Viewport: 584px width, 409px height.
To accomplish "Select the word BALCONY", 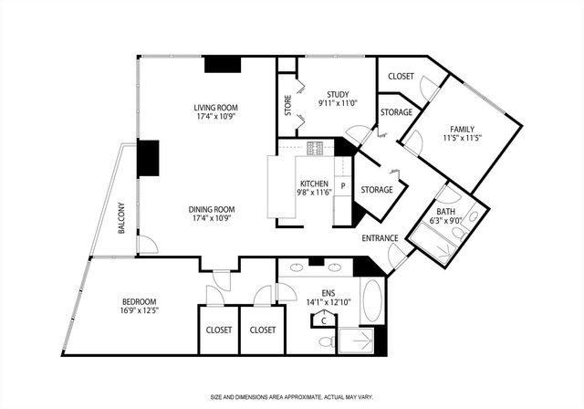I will pyautogui.click(x=120, y=217).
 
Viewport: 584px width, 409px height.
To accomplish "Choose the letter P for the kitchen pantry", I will pyautogui.click(x=342, y=186).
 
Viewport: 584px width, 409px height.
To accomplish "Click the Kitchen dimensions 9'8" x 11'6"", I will pyautogui.click(x=313, y=192).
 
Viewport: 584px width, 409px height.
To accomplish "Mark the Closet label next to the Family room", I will pyautogui.click(x=401, y=76).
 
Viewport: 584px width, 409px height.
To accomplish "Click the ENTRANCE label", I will pyautogui.click(x=380, y=238).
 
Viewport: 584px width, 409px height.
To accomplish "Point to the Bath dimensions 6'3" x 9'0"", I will pyautogui.click(x=446, y=219).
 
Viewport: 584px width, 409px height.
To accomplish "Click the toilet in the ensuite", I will pyautogui.click(x=325, y=340).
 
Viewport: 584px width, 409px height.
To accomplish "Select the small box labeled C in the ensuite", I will pyautogui.click(x=322, y=320).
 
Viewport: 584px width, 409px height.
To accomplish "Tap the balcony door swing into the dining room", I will pyautogui.click(x=146, y=244).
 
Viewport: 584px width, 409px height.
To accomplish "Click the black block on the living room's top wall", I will pyautogui.click(x=222, y=64).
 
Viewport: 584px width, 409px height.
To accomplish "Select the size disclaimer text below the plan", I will pyautogui.click(x=291, y=397).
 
